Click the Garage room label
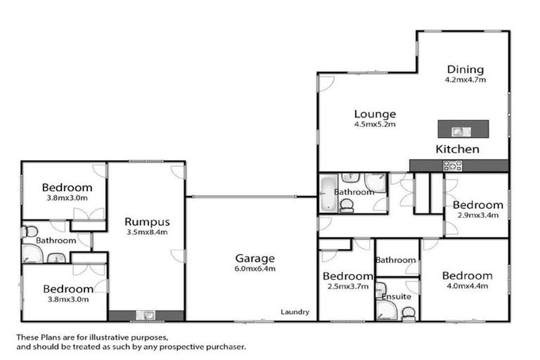[255, 258]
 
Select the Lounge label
[375, 114]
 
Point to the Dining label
[465, 69]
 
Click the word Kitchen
[458, 149]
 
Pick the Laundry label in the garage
[294, 312]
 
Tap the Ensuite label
[396, 297]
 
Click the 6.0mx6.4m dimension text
[255, 269]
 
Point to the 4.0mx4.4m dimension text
[467, 285]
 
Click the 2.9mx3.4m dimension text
[477, 215]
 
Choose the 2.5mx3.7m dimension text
[346, 285]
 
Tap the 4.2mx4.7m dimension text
[465, 79]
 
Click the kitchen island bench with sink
[463, 129]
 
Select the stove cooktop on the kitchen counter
[451, 165]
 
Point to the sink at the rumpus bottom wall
[146, 316]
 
